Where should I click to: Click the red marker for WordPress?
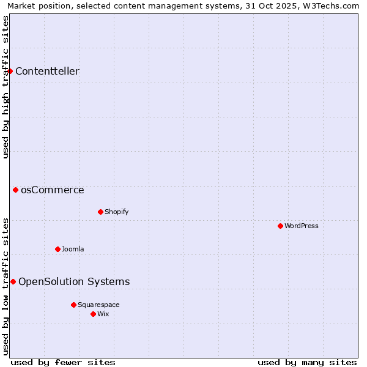point(280,226)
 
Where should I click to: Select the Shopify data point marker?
point(100,212)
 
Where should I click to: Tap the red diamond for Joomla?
point(57,249)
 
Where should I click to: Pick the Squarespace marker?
point(73,305)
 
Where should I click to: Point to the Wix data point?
point(93,314)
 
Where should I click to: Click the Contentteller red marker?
point(10,72)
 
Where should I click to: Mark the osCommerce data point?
point(15,190)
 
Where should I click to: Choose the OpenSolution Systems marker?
point(13,281)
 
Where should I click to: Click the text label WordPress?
point(301,226)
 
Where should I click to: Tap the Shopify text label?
point(116,212)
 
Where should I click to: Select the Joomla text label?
point(73,249)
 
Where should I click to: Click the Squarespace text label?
point(98,305)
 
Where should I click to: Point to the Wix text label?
point(103,314)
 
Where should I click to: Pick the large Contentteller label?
point(47,72)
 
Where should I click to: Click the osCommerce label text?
point(52,190)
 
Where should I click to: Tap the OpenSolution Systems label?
point(74,281)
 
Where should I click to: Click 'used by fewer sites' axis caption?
point(63,362)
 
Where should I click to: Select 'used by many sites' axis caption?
point(307,362)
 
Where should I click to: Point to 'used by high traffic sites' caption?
point(6,87)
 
